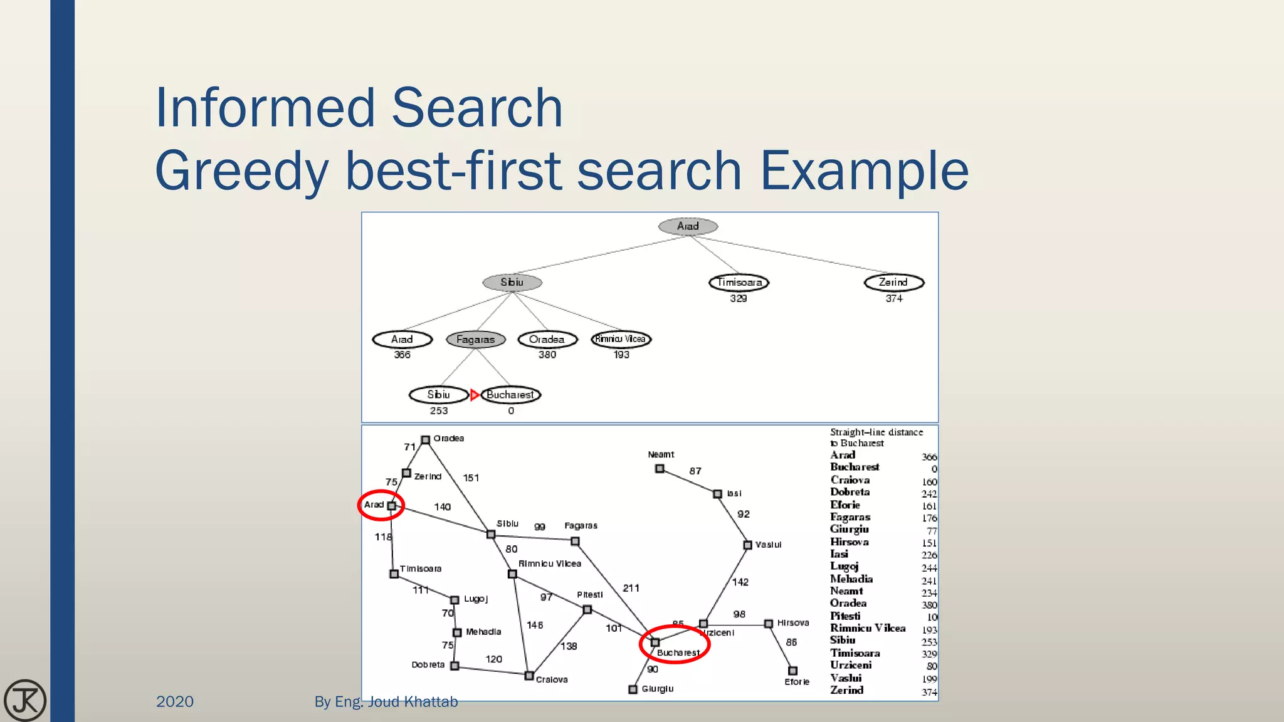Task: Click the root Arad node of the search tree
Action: [688, 226]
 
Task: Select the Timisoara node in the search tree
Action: [739, 283]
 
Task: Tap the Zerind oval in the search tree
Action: [893, 283]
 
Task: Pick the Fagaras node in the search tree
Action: [476, 340]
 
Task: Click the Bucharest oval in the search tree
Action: [510, 395]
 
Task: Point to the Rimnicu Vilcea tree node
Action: [621, 339]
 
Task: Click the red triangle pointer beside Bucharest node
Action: [475, 395]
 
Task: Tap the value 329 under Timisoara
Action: [739, 298]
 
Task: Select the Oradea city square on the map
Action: [425, 440]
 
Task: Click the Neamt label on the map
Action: [661, 454]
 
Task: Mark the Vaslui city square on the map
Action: [747, 545]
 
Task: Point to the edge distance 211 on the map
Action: [631, 588]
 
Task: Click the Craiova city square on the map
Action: [529, 676]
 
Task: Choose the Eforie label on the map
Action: [797, 682]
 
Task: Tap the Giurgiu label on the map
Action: [657, 689]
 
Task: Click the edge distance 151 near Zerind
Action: [471, 478]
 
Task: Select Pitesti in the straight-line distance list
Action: [845, 616]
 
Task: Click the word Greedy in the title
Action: [241, 170]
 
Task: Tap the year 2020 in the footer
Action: [175, 701]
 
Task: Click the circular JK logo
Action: [25, 700]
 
